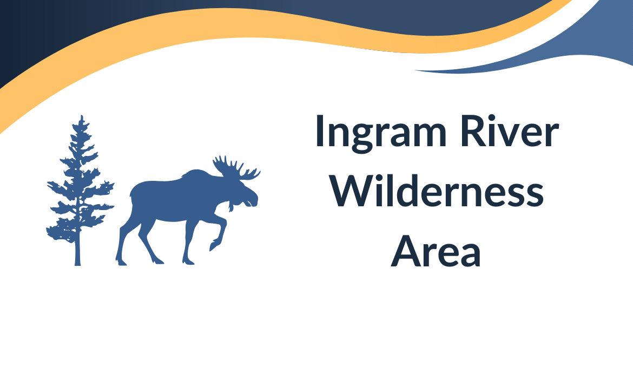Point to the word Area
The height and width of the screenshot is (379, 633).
436,252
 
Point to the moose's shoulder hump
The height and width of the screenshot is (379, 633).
195,176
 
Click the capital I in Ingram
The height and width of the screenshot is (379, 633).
320,132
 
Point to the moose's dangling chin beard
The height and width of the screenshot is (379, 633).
232,207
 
